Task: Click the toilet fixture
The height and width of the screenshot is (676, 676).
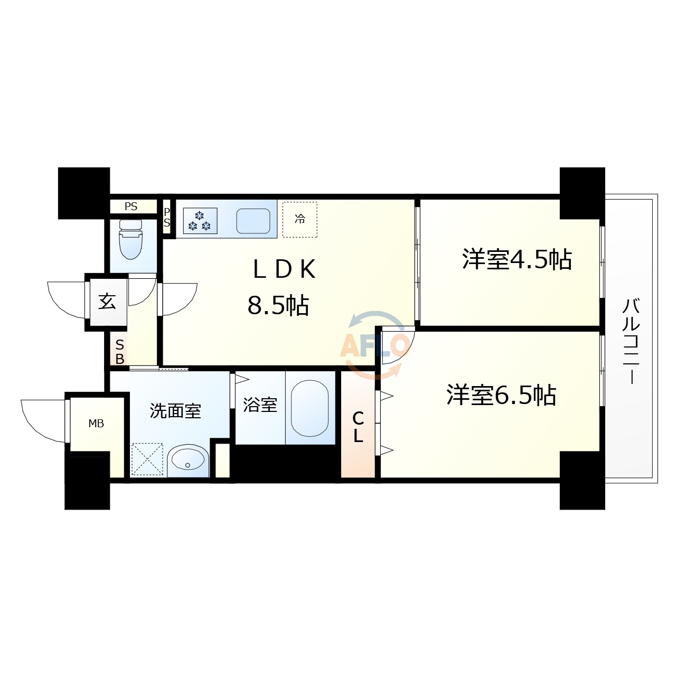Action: tap(131, 240)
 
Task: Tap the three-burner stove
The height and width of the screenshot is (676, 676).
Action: tap(200, 221)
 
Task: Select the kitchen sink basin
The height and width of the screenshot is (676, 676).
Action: tap(253, 221)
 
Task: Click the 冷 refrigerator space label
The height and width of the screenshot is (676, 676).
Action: tap(300, 219)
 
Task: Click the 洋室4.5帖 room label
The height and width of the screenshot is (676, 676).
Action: tap(517, 259)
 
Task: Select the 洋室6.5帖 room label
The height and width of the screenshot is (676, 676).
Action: tap(501, 395)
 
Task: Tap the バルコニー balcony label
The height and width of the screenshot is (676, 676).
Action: tap(631, 341)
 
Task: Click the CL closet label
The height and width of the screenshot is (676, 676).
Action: tap(358, 427)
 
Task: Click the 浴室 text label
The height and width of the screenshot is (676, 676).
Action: tap(260, 405)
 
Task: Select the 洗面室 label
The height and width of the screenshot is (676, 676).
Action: tap(175, 411)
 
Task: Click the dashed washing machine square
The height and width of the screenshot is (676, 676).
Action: tap(147, 459)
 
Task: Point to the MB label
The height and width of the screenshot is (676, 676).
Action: tap(96, 424)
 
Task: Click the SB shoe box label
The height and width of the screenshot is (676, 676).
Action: tap(120, 352)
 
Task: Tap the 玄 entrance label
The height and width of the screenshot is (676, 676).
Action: tap(107, 302)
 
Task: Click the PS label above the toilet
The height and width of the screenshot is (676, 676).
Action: tap(131, 206)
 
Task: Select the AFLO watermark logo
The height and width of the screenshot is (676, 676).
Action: tap(374, 345)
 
